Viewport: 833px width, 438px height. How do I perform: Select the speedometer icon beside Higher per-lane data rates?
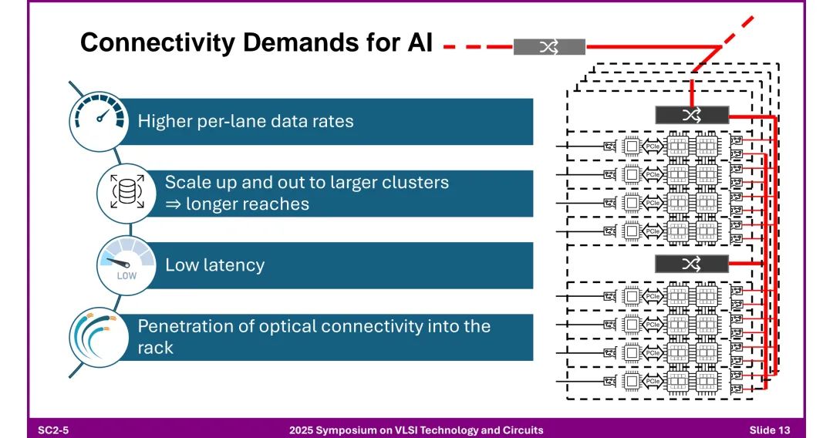coord(97,119)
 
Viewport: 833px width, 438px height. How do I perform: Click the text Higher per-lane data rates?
coord(245,121)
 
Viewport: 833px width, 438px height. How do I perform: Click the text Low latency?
coord(214,265)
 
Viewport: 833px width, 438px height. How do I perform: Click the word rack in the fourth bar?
coord(155,347)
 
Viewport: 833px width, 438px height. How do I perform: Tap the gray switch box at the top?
coord(549,47)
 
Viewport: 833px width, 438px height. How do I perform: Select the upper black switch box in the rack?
coord(691,115)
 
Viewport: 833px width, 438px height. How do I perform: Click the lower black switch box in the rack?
coord(691,264)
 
